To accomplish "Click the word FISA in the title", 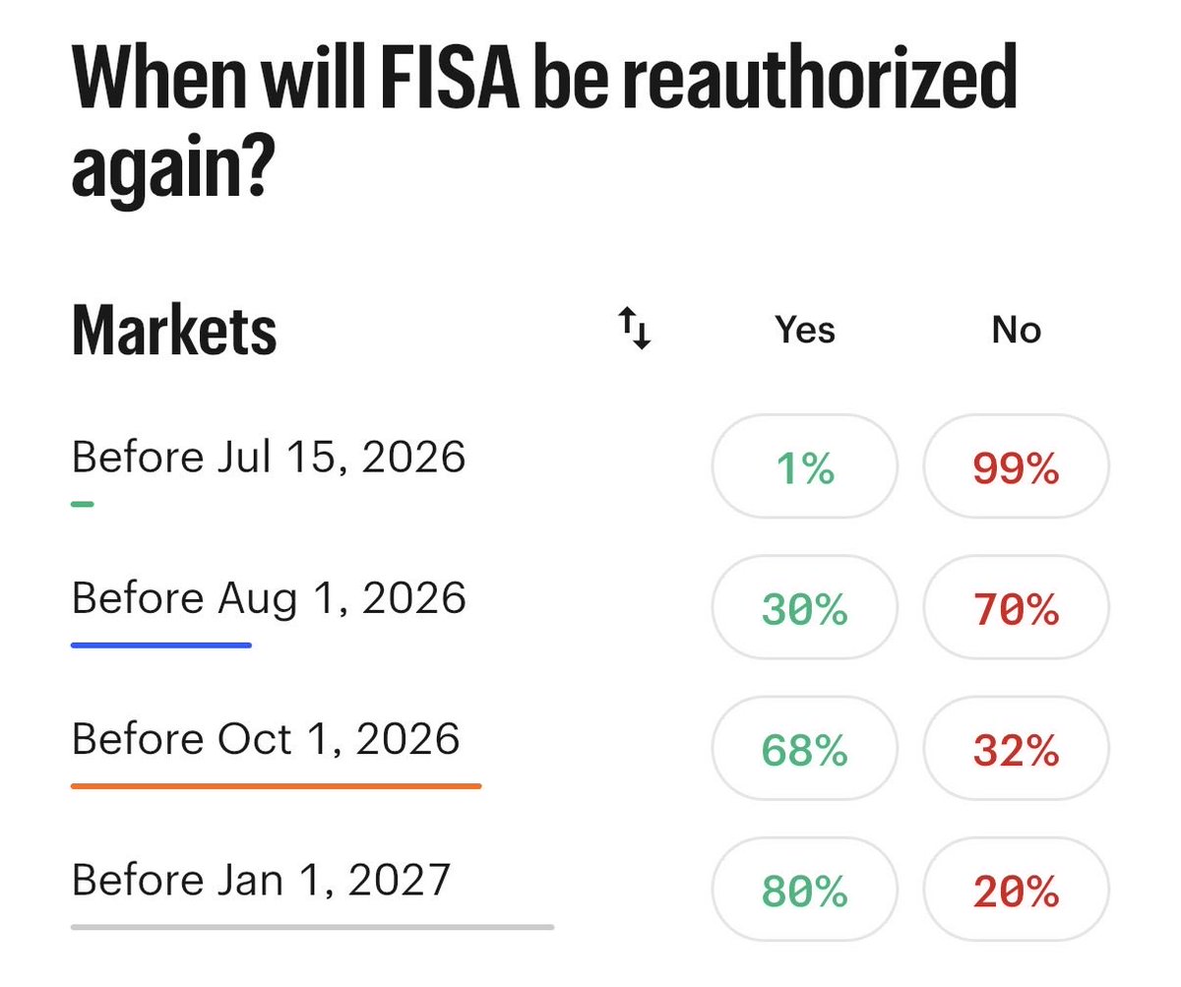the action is tap(450, 77).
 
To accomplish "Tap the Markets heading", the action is tap(174, 330).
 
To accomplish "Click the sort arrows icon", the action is tap(634, 328).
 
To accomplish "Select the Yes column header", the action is tap(804, 330).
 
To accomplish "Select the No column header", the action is tap(1016, 330).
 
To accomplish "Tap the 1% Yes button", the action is tap(804, 466).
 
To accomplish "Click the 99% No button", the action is tap(1016, 466).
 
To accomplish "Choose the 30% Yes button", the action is tap(804, 607).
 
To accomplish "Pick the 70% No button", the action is tap(1016, 607).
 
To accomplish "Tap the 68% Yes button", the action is tap(804, 748).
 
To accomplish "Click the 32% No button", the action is tap(1016, 748).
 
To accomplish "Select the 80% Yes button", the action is tap(804, 890).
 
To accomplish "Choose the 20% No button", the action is tap(1016, 890).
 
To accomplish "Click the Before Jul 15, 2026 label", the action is tap(269, 457).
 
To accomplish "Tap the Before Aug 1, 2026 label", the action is tap(270, 599).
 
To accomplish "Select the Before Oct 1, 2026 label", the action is tap(266, 739).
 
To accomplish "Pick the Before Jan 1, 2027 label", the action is tap(262, 880).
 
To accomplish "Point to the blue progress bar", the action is tap(161, 646).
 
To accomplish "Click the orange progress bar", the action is tap(276, 786).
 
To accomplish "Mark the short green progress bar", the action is tap(83, 504).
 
